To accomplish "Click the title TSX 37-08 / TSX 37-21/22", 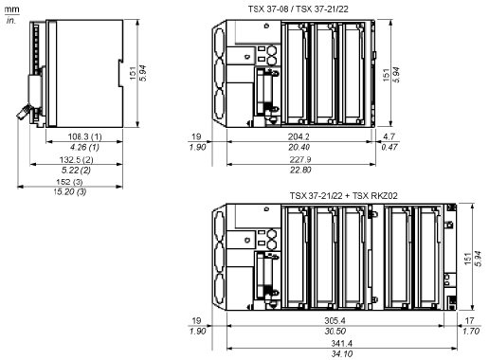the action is [x=298, y=9].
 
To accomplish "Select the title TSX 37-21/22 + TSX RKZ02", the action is [x=344, y=196].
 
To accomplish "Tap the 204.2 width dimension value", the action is [x=299, y=136].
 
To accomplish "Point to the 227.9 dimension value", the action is [x=300, y=159].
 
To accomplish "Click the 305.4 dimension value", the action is [x=335, y=321].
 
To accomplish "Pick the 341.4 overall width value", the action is [x=342, y=343].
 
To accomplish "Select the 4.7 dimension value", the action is [x=389, y=136].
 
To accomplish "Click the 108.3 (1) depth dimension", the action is [x=85, y=136].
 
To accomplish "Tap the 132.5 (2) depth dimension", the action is [x=77, y=159].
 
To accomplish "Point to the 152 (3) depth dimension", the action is [x=69, y=182].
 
